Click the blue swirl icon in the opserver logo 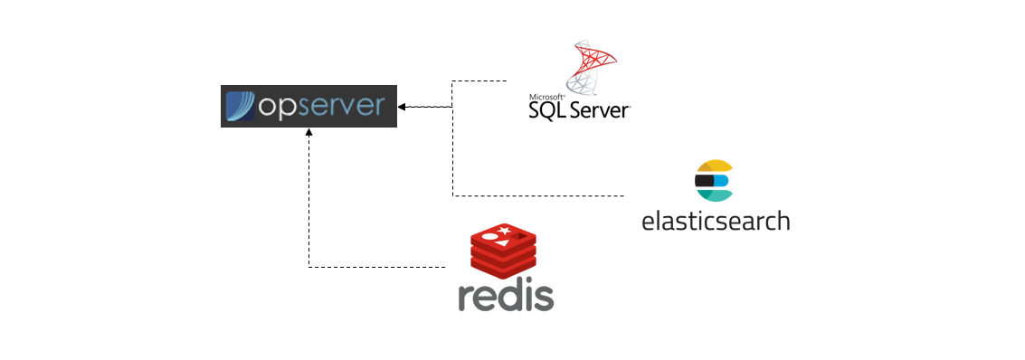tap(240, 107)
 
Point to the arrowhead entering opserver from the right tap(402, 107)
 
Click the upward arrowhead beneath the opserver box tap(308, 133)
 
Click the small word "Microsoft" tap(546, 96)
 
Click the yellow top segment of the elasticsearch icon tap(713, 166)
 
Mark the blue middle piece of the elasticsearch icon tap(721, 180)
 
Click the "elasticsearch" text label tap(715, 221)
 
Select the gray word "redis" tap(506, 296)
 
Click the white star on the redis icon tap(503, 233)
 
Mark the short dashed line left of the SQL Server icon tap(479, 81)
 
